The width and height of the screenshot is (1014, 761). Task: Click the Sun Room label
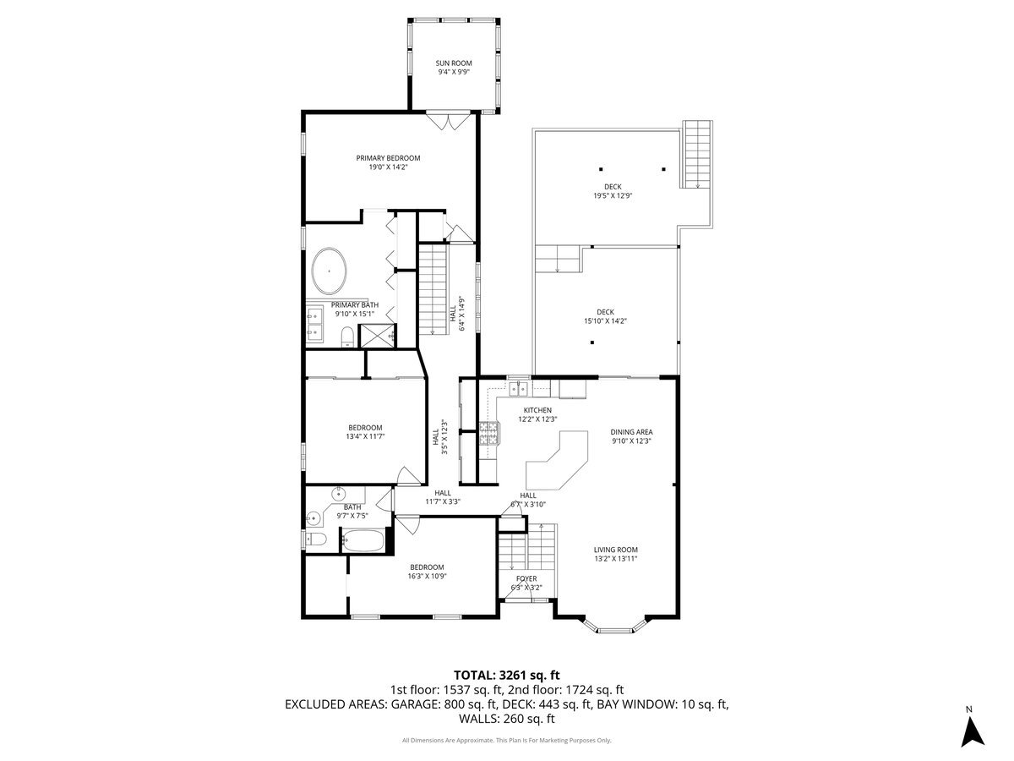click(453, 63)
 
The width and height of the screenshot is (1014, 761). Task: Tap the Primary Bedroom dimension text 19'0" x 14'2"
click(388, 167)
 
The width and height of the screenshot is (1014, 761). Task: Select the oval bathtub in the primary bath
click(330, 270)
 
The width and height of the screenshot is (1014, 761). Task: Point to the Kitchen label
click(537, 410)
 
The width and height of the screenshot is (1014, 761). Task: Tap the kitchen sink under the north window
click(520, 389)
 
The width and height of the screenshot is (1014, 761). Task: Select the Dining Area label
click(631, 432)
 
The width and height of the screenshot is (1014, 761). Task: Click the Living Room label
click(615, 549)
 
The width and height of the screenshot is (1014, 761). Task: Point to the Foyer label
click(526, 579)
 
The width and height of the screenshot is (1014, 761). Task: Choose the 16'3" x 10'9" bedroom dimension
click(427, 576)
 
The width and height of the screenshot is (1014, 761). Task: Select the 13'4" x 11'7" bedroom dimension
click(365, 436)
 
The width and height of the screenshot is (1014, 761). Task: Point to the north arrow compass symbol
click(973, 730)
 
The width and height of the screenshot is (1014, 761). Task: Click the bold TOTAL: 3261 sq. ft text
click(507, 675)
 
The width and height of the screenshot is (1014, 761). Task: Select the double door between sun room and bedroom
click(447, 122)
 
